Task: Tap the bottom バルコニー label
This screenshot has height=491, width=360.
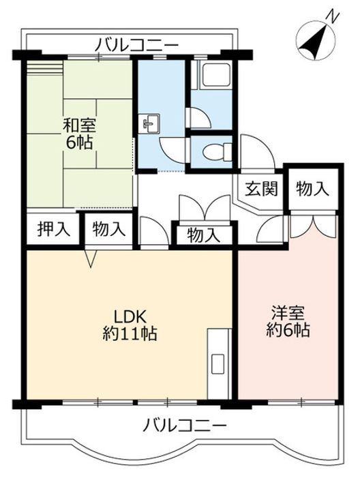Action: (184, 426)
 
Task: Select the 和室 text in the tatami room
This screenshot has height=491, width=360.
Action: (80, 125)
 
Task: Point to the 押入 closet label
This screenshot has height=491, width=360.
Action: (53, 229)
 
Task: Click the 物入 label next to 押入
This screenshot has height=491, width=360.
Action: (108, 229)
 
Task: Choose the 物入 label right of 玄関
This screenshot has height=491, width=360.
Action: (312, 190)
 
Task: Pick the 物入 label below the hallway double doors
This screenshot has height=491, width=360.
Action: (204, 235)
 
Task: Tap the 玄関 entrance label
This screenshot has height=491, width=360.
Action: (261, 190)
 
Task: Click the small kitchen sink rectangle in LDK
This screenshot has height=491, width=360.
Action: (217, 363)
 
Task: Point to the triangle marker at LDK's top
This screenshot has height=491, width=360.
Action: (91, 258)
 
